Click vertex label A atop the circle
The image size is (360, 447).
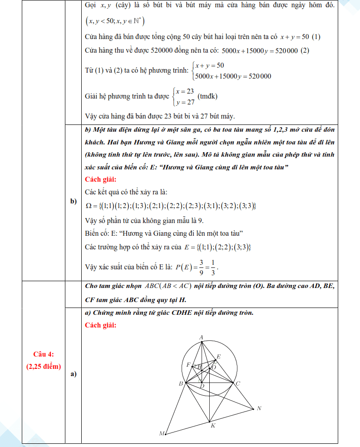(x=201, y=337)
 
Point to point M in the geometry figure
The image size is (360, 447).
(x=161, y=434)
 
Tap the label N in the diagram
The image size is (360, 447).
(x=259, y=408)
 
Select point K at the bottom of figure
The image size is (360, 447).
(x=212, y=426)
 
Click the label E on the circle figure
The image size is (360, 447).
(x=218, y=357)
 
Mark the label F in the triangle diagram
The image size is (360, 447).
(x=188, y=365)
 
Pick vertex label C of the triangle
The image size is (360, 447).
(x=237, y=384)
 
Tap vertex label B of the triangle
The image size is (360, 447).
(x=181, y=384)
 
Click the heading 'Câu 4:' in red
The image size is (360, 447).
(x=44, y=354)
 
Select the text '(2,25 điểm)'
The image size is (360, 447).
(x=44, y=367)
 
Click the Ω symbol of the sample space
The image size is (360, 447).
(x=89, y=206)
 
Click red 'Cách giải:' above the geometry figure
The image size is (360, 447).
(x=100, y=325)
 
